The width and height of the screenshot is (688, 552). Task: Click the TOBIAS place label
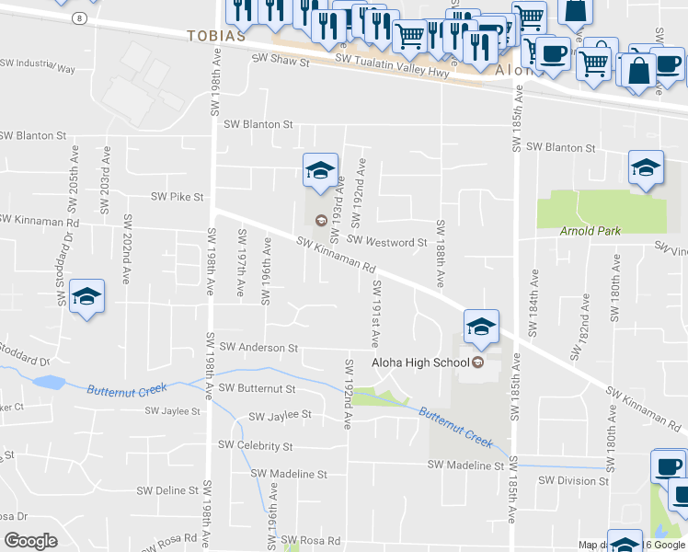pos(216,36)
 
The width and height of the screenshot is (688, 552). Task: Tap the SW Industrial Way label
pos(37,66)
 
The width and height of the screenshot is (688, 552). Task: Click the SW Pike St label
pos(177,197)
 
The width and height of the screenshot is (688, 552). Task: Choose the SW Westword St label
pos(386,242)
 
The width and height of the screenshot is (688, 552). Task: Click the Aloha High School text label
pos(420,362)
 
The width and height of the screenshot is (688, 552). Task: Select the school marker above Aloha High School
pos(480,326)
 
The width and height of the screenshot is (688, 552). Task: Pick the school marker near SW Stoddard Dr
pos(86,296)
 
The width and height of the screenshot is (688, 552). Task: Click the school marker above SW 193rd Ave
pos(319,170)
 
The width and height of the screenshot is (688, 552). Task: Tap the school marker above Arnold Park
pos(646,168)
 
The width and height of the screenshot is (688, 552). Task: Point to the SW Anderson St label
pos(256,348)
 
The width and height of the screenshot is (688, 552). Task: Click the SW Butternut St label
pos(257,388)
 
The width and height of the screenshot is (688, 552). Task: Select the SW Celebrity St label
pos(255,446)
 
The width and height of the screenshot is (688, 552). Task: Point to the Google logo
pos(31,540)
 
